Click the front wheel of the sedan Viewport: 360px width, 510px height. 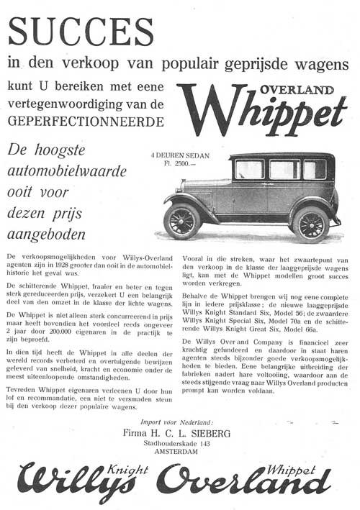pyautogui.click(x=182, y=221)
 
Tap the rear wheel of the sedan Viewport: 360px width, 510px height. pyautogui.click(x=310, y=224)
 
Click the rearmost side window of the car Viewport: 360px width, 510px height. pyautogui.click(x=314, y=169)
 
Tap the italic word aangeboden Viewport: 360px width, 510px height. pyautogui.click(x=46, y=234)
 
